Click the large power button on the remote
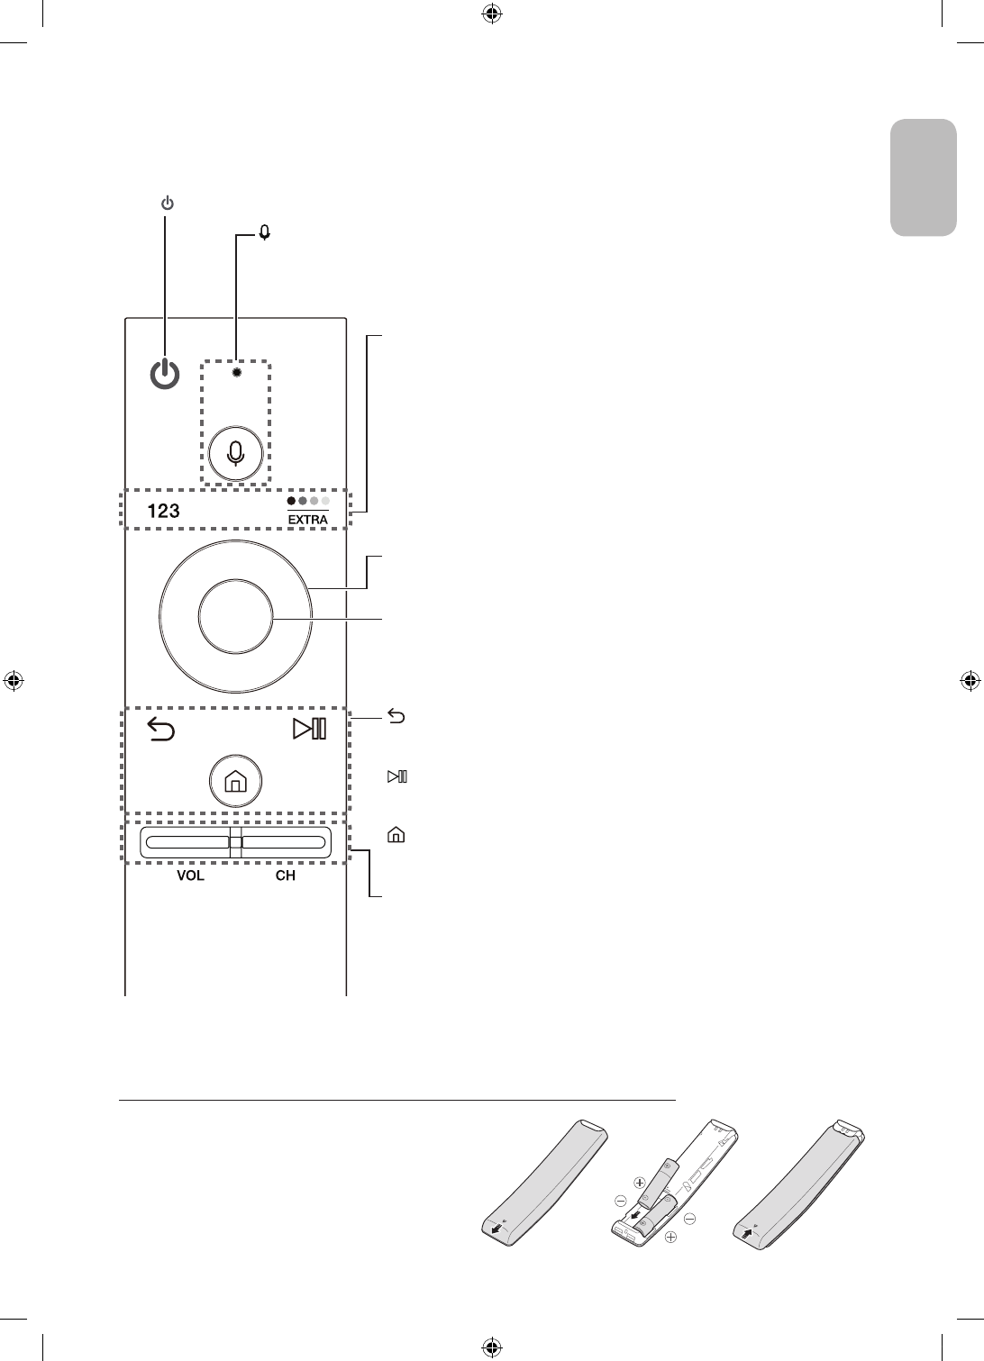tap(164, 375)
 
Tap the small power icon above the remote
tap(167, 204)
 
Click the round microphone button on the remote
tap(236, 452)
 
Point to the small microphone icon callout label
tap(265, 232)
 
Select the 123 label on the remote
tap(163, 511)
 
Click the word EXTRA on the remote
tap(308, 520)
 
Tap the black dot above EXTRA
tap(291, 501)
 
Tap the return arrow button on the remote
tap(160, 728)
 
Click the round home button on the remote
tap(234, 782)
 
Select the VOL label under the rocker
tap(190, 876)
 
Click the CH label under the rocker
tap(285, 876)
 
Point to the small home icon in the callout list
tap(395, 835)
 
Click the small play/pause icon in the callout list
tap(396, 776)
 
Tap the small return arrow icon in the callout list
tap(396, 717)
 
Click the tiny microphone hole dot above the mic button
tap(236, 371)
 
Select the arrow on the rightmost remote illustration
tap(747, 1230)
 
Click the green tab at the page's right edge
tap(924, 177)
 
